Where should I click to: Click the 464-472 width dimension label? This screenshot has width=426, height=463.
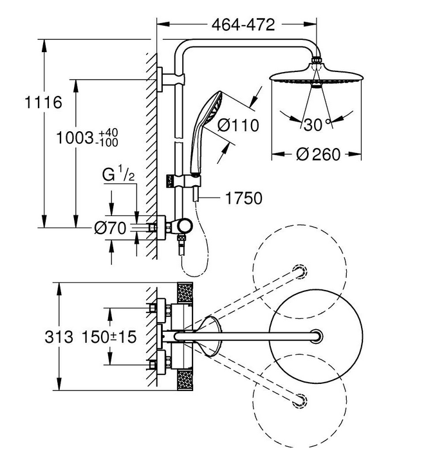tap(243, 25)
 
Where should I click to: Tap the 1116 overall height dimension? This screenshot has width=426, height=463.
tap(43, 102)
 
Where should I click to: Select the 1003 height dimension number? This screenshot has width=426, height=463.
tap(75, 138)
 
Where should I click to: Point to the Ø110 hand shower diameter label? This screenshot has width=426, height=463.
tap(238, 125)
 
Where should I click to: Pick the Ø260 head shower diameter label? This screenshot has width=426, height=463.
tap(318, 154)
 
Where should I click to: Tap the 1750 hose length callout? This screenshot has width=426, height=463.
tap(244, 198)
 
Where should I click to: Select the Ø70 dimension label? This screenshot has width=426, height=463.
tap(110, 228)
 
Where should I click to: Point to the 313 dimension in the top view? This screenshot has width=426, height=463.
tap(59, 337)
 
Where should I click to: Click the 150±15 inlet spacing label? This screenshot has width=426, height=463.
tap(109, 337)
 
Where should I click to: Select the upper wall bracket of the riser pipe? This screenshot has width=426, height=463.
tap(171, 79)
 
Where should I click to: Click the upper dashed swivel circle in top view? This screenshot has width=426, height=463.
tap(300, 271)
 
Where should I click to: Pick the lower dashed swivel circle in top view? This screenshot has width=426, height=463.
tap(300, 401)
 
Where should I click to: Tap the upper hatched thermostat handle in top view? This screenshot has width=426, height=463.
tap(185, 293)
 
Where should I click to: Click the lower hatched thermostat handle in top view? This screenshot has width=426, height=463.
tap(185, 381)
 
